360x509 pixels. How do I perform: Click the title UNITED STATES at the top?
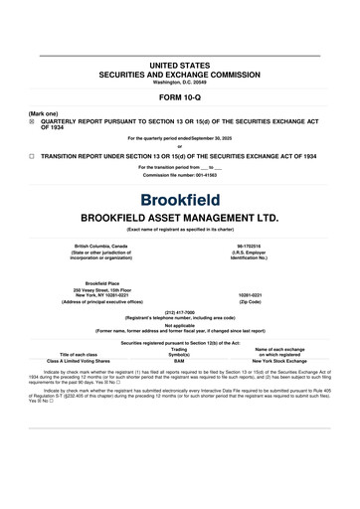179,64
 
